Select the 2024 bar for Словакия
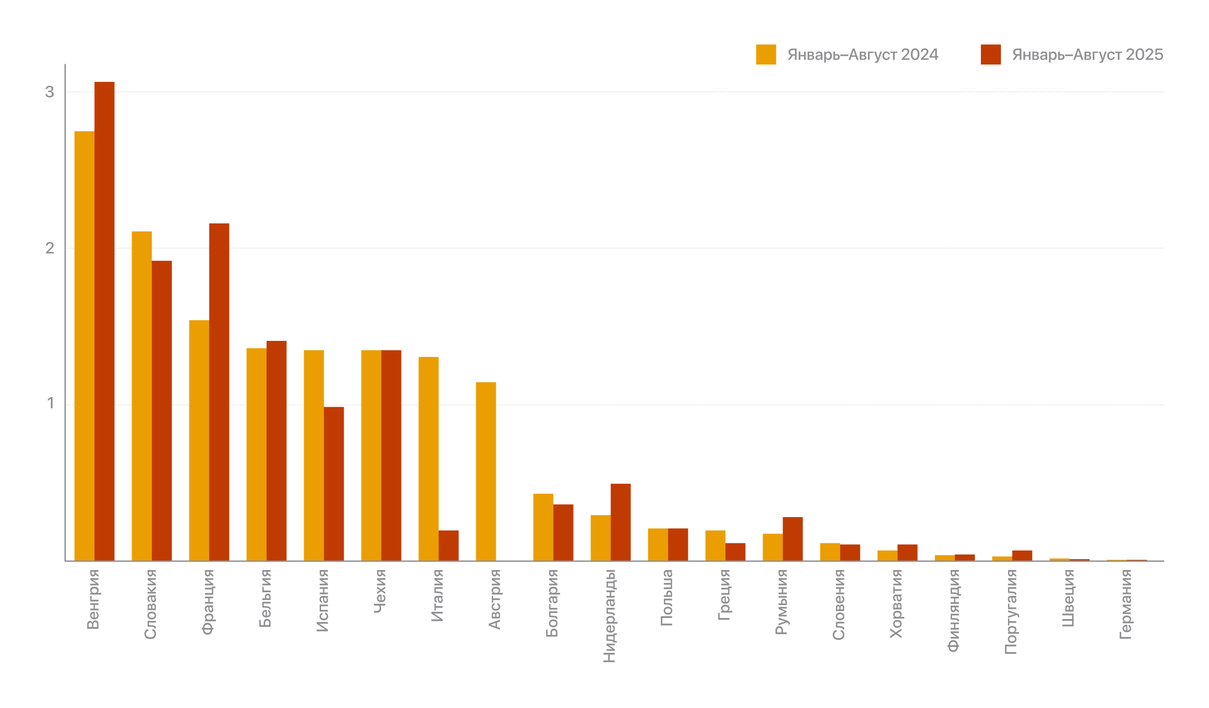141,396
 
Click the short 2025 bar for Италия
449,545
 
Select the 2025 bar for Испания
334,483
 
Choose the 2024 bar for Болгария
543,526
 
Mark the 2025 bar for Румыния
792,538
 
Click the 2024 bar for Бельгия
256,454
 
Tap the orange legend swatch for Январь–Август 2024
766,54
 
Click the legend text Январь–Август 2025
1087,55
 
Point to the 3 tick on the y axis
50,92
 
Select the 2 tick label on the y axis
50,248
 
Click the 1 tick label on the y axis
50,404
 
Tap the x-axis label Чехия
380,591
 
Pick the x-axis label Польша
667,598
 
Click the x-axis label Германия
1125,604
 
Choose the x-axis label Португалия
1011,611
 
